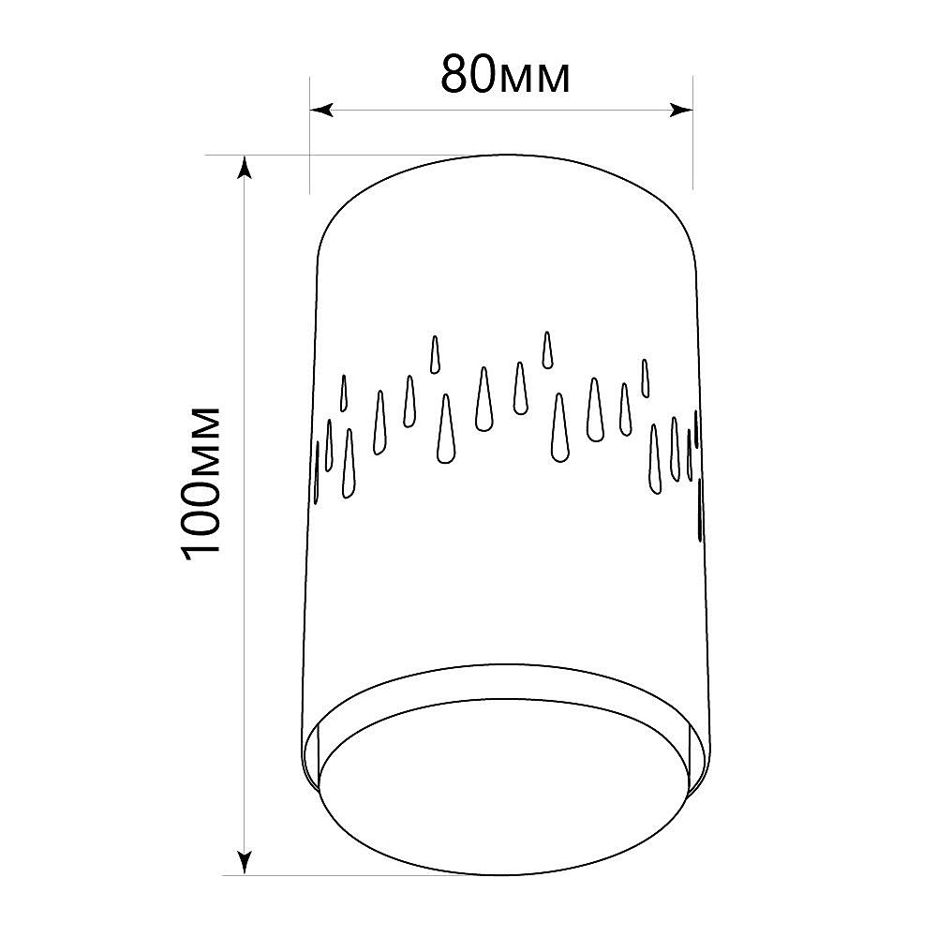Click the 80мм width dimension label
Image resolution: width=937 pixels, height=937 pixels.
[x=506, y=75]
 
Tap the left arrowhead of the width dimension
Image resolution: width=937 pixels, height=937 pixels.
[x=321, y=110]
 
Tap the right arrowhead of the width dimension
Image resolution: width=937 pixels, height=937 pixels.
[x=681, y=110]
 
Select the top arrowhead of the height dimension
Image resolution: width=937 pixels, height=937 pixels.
[x=244, y=168]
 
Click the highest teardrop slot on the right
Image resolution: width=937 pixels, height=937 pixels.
[x=547, y=350]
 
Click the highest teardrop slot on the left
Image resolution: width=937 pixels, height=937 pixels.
[x=435, y=355]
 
